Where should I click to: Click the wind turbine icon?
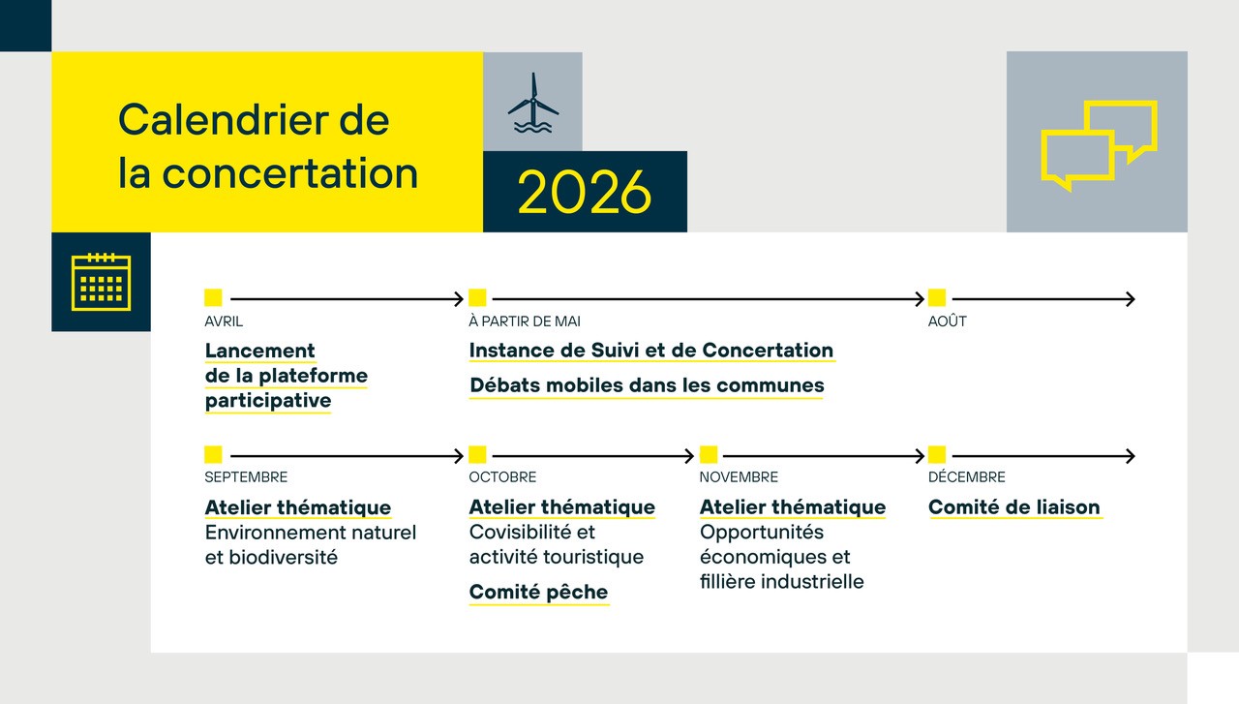pyautogui.click(x=533, y=103)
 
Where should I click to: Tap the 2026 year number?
pyautogui.click(x=585, y=192)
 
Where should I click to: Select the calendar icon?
pyautogui.click(x=102, y=282)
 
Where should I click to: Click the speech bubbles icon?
pyautogui.click(x=1099, y=145)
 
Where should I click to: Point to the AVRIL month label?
pyautogui.click(x=224, y=321)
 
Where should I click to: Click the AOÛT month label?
pyautogui.click(x=947, y=321)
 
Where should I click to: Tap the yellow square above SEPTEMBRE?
pyautogui.click(x=213, y=454)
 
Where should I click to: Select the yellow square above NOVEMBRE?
pyautogui.click(x=709, y=454)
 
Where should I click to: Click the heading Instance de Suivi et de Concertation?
pyautogui.click(x=651, y=351)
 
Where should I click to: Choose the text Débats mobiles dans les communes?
pyautogui.click(x=647, y=385)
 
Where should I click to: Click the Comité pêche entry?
pyautogui.click(x=538, y=593)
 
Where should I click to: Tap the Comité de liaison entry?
pyautogui.click(x=1013, y=507)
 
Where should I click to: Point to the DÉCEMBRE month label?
pyautogui.click(x=966, y=477)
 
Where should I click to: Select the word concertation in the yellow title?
pyautogui.click(x=289, y=173)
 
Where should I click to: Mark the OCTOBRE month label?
pyautogui.click(x=502, y=477)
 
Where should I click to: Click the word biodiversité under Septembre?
pyautogui.click(x=283, y=558)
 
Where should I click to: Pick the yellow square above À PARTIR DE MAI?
pyautogui.click(x=477, y=297)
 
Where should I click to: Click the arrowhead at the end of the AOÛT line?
pyautogui.click(x=1130, y=299)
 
